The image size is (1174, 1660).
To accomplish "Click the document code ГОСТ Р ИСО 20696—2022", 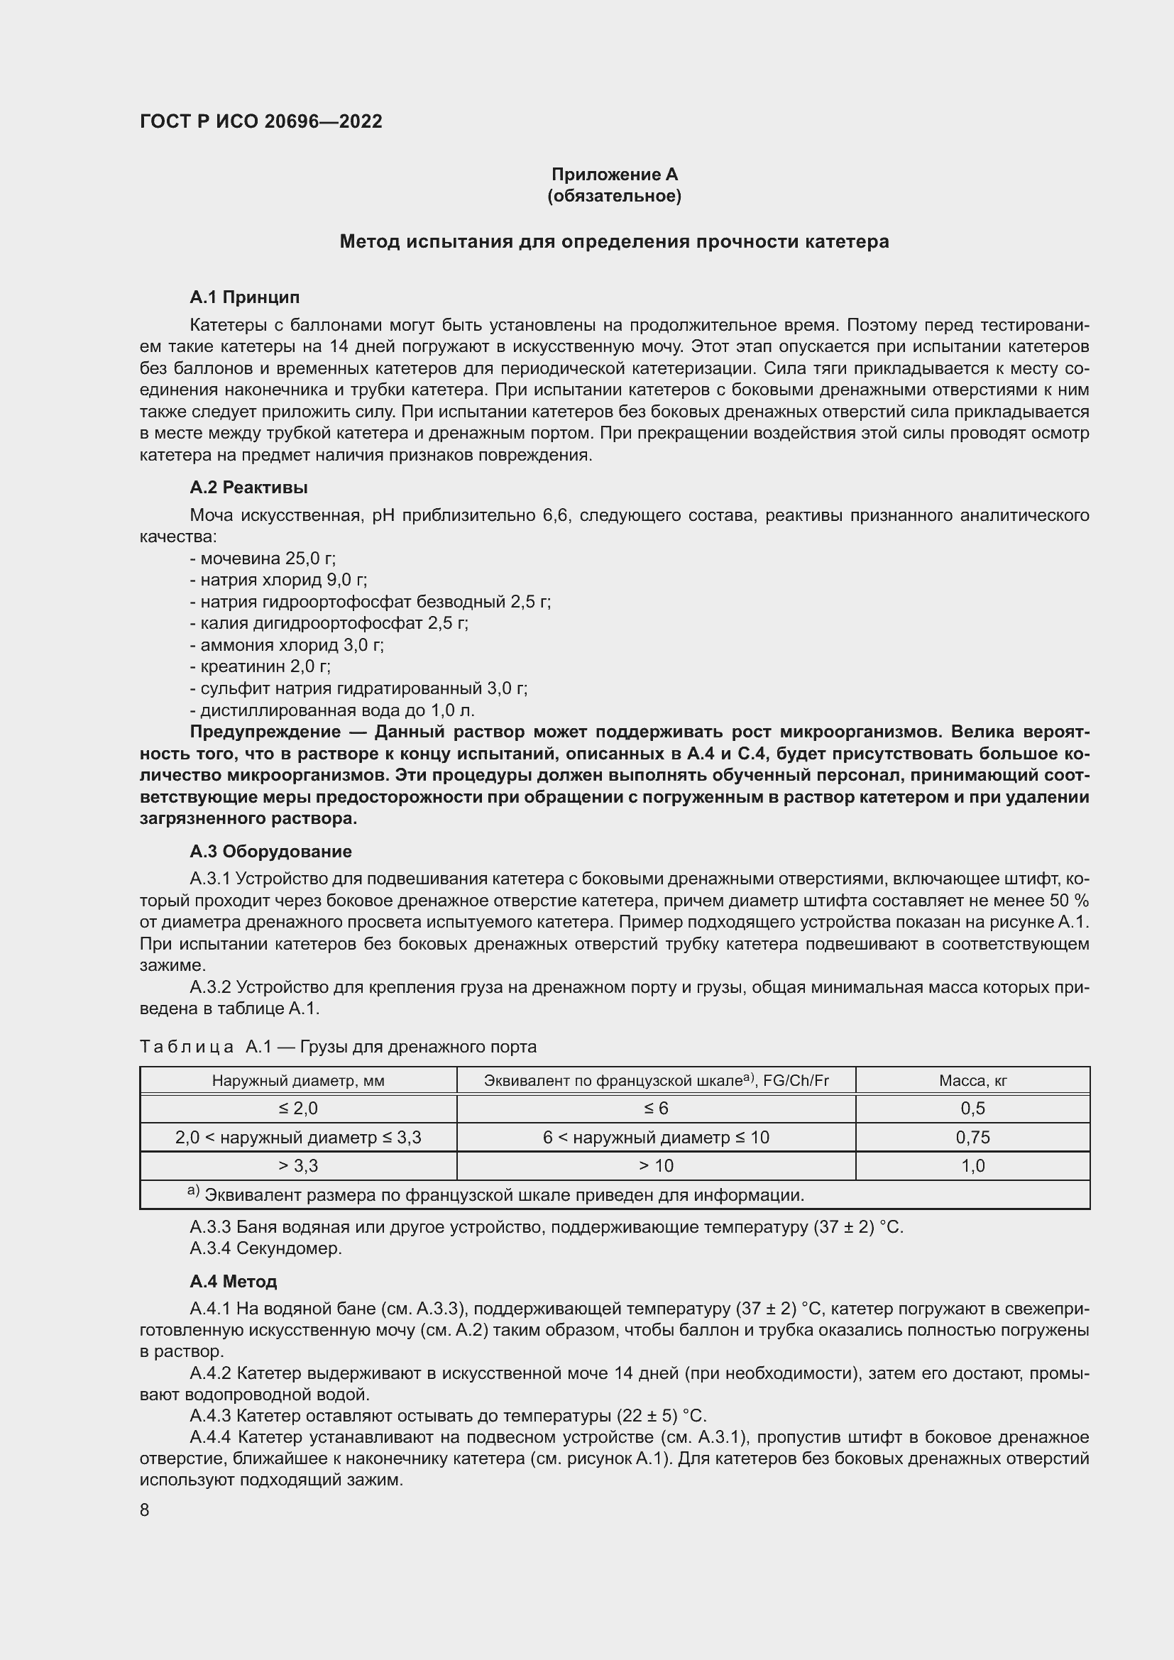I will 260,121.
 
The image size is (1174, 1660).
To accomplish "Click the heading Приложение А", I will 615,175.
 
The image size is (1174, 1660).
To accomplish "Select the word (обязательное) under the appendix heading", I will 615,196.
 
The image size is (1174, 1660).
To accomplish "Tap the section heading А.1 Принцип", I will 244,297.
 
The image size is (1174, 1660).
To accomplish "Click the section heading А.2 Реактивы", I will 248,488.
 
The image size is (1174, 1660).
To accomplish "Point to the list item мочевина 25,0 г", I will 263,558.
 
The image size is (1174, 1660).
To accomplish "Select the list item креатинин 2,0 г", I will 260,666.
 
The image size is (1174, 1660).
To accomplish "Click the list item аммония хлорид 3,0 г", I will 287,645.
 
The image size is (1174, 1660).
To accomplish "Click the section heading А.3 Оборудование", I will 270,851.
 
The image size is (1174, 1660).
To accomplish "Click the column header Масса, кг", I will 972,1080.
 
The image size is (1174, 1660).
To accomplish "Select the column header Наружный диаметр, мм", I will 298,1080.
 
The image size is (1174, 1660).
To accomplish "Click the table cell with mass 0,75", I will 972,1137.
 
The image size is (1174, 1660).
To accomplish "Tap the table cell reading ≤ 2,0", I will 298,1109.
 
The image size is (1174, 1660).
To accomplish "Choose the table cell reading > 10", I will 656,1165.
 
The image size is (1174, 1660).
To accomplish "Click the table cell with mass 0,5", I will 972,1109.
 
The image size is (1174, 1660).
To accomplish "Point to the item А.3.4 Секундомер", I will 265,1248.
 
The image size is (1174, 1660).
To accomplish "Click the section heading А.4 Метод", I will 233,1281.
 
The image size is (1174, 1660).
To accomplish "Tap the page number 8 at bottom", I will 145,1510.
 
